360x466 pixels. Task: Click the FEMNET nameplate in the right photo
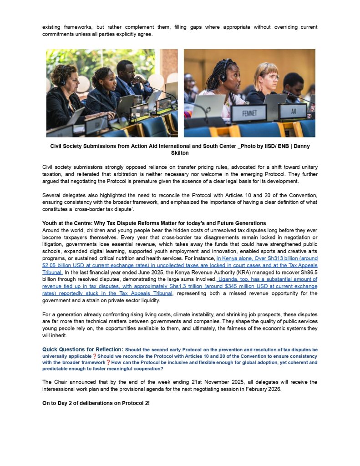coord(248,113)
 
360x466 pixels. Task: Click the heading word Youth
coord(50,223)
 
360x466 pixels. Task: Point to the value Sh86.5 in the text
coord(308,272)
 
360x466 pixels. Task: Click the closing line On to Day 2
coord(96,404)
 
